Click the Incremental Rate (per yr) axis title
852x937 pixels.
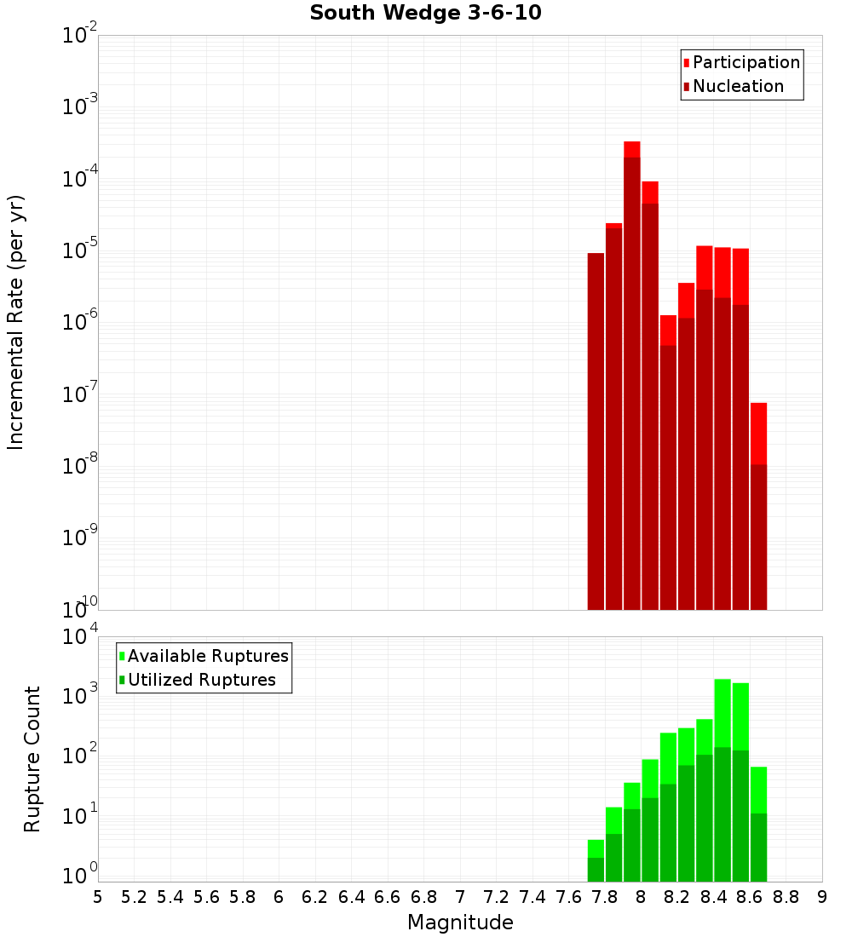tap(16, 322)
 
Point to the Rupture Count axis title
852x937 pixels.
tap(32, 758)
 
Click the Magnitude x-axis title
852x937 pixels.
tap(460, 923)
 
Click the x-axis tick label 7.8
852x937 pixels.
tap(605, 897)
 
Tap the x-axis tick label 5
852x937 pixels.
tap(98, 897)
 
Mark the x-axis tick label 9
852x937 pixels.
tap(822, 897)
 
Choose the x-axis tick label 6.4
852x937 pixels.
tap(351, 897)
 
